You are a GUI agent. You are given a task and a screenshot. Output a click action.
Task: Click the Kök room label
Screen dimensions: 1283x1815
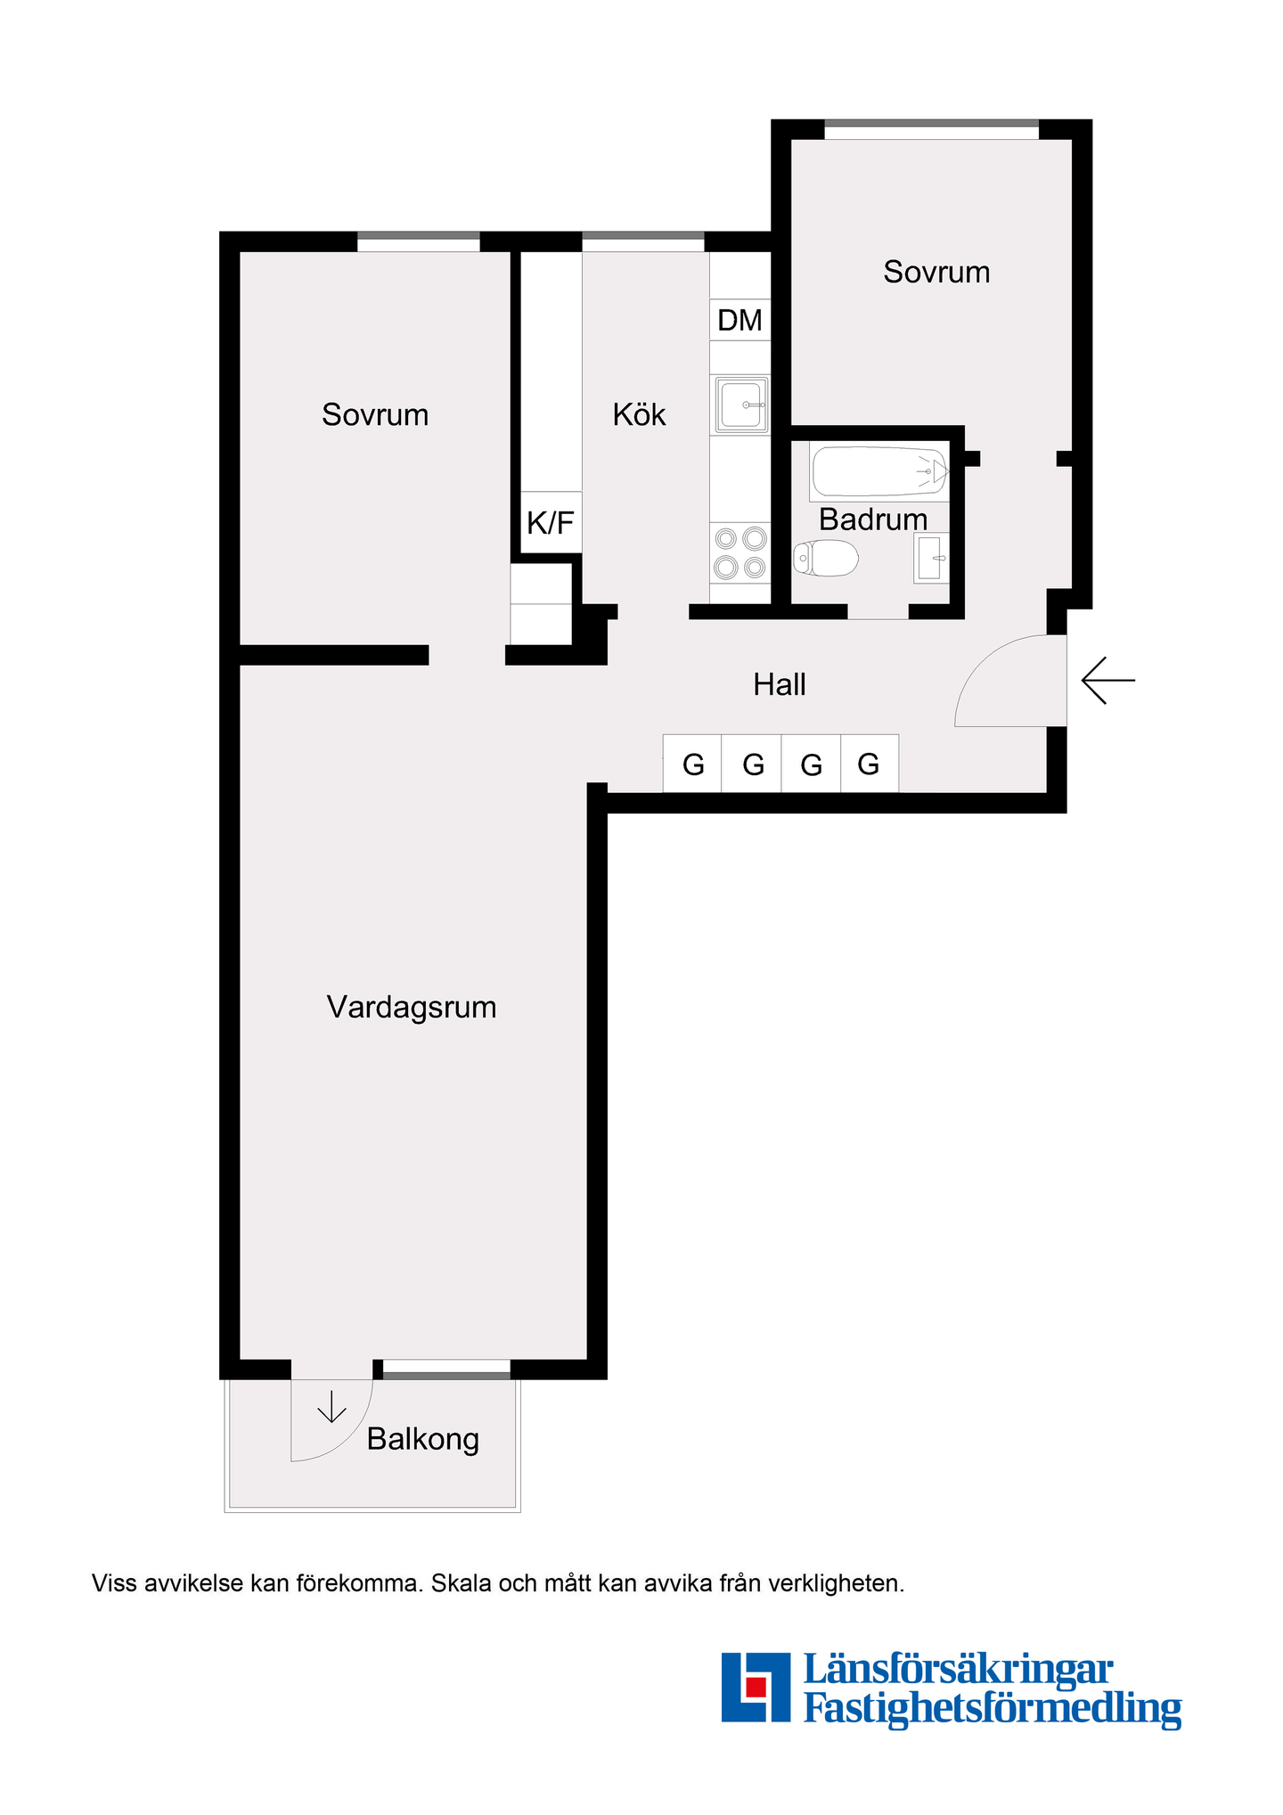[639, 414]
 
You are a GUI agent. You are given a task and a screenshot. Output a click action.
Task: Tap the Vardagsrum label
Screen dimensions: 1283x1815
[412, 1007]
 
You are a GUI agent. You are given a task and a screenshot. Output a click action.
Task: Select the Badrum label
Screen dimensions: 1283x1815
[873, 519]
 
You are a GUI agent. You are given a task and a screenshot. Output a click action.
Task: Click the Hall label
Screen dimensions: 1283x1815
[780, 684]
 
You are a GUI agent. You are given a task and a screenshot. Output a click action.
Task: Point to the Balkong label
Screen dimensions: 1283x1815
[423, 1439]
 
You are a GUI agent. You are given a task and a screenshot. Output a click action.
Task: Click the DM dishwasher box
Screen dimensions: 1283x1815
[740, 320]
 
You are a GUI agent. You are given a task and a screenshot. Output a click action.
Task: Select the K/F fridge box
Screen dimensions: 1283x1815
[551, 523]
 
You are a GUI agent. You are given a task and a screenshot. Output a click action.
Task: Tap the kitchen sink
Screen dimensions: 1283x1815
[741, 405]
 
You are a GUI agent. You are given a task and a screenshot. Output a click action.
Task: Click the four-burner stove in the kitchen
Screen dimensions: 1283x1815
[740, 552]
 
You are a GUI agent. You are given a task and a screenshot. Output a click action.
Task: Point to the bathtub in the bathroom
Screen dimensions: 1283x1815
[879, 472]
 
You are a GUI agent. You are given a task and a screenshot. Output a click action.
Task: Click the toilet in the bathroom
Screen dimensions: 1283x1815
[825, 559]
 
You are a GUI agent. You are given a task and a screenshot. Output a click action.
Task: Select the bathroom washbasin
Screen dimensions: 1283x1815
[931, 559]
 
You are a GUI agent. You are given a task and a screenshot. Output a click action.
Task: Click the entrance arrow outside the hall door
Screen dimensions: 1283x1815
[1108, 681]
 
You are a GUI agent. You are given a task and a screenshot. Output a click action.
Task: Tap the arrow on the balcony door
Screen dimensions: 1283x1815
[331, 1406]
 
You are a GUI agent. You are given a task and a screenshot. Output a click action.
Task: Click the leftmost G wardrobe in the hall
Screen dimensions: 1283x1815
[692, 764]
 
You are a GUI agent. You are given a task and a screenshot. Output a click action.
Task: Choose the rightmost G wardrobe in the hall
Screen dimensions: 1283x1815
[869, 764]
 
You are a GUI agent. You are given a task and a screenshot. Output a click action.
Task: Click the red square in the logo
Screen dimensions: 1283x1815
[756, 1687]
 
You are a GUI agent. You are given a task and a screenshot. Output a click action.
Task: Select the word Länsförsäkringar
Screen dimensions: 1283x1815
[959, 1669]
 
